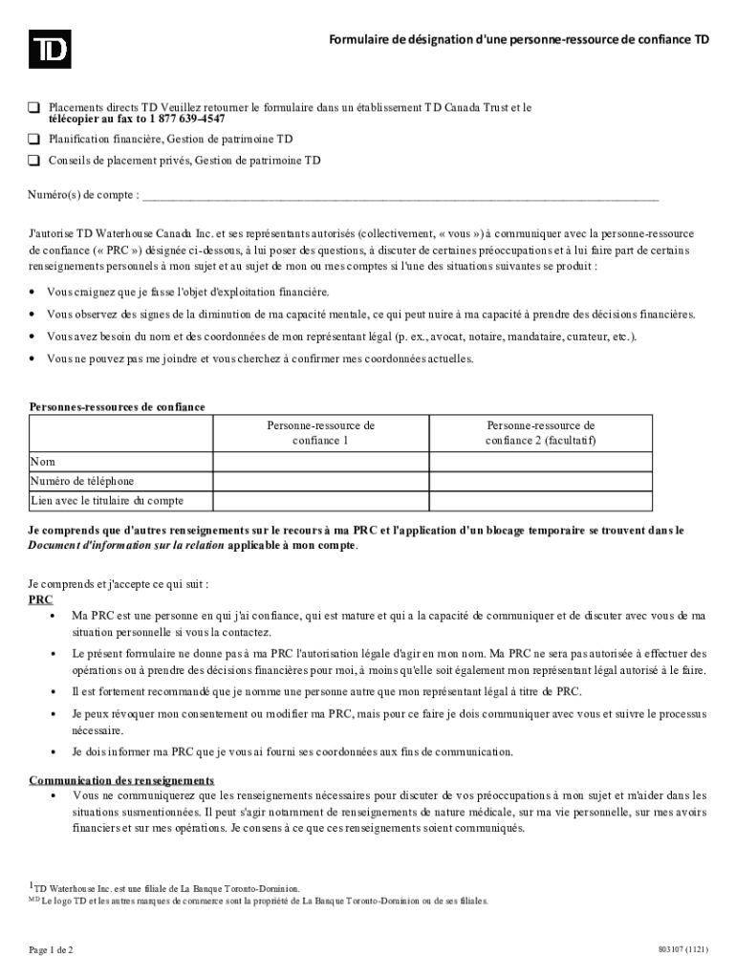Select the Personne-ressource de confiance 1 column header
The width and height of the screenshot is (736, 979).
point(320,432)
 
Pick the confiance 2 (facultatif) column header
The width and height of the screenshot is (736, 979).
point(540,432)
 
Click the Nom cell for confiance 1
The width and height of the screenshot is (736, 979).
point(320,462)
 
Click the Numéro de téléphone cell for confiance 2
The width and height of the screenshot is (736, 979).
point(540,481)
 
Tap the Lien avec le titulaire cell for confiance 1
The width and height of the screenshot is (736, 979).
point(320,501)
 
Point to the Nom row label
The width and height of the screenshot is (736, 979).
point(43,462)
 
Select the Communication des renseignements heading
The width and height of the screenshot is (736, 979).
point(121,780)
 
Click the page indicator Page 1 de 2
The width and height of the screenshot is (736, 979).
point(51,949)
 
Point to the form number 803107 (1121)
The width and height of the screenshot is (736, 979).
point(682,949)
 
